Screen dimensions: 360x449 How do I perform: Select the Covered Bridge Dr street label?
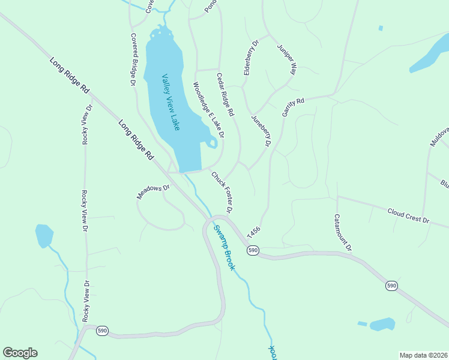click(x=133, y=59)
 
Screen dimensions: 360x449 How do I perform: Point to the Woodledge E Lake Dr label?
click(x=208, y=110)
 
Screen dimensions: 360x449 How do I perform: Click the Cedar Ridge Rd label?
click(x=225, y=94)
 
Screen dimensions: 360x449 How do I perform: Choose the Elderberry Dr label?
click(x=250, y=58)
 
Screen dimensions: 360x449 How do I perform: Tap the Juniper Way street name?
click(x=287, y=59)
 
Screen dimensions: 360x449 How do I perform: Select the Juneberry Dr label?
click(x=261, y=131)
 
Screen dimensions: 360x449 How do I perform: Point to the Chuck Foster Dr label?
click(x=221, y=191)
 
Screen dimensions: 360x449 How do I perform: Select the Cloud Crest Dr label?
click(x=408, y=216)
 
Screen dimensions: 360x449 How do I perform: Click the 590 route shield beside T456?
click(x=253, y=250)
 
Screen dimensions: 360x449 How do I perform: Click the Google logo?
click(x=20, y=353)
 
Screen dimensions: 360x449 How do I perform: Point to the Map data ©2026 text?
click(x=423, y=355)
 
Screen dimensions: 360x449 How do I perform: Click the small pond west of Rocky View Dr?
click(x=44, y=236)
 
